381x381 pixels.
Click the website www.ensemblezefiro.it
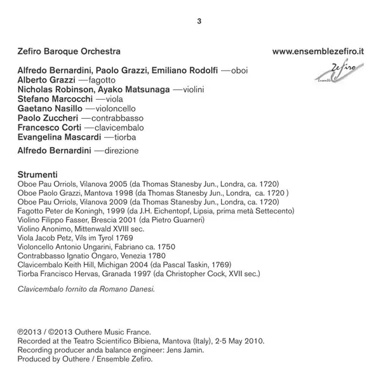click(318, 50)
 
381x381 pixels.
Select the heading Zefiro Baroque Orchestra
click(69, 50)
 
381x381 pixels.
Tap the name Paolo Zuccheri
click(48, 121)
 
